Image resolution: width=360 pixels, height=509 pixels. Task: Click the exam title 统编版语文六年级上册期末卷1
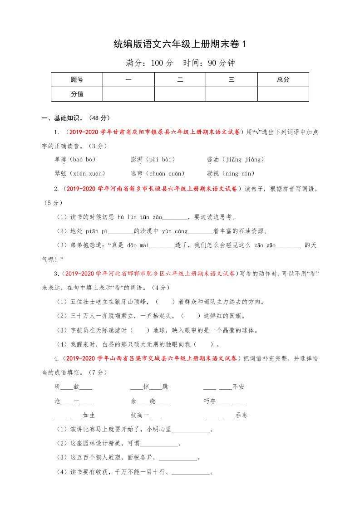point(180,44)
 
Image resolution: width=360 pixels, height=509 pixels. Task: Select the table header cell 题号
point(77,79)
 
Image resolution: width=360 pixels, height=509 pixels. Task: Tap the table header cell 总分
point(283,79)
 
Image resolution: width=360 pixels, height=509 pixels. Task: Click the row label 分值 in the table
point(77,94)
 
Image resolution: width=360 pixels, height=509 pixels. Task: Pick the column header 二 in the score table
point(180,79)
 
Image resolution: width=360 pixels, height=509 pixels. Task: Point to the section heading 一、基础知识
point(62,118)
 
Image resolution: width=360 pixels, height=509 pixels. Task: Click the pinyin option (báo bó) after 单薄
point(84,159)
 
